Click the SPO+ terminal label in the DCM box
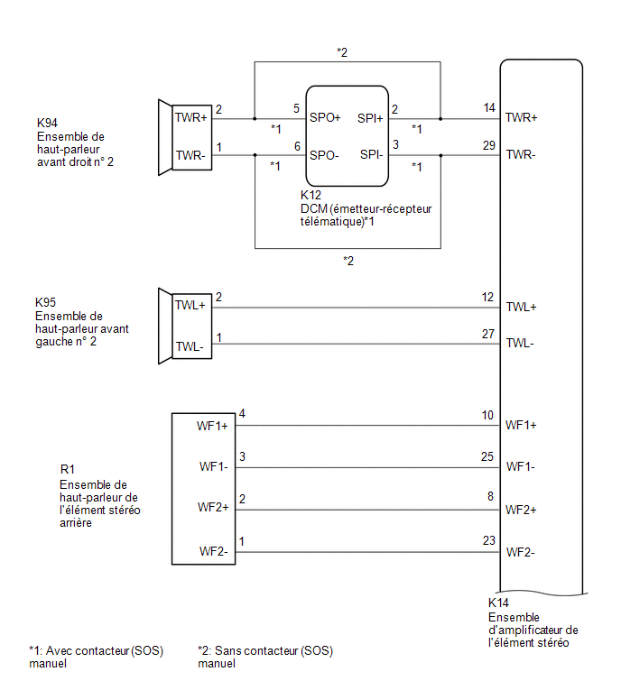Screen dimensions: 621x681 [325, 117]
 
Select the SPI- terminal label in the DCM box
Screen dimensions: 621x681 [371, 154]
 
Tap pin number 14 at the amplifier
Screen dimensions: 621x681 [489, 107]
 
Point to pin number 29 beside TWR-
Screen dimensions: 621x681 [489, 145]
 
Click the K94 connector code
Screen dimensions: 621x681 [47, 123]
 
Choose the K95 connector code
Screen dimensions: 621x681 [45, 302]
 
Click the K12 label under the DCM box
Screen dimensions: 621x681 [310, 195]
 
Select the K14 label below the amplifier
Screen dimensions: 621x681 [498, 603]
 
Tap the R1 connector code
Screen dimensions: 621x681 [68, 469]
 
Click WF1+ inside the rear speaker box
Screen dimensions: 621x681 [212, 426]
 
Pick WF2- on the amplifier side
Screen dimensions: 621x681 [520, 552]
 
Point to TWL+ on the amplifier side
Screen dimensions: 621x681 [521, 307]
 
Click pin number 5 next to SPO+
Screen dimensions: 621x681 [296, 108]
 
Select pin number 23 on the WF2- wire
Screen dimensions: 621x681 [489, 540]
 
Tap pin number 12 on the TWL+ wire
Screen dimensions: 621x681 [487, 297]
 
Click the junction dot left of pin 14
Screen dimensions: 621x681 [440, 118]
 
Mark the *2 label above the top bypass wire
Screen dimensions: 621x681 [342, 52]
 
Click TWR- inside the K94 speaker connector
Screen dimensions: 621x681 [190, 155]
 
